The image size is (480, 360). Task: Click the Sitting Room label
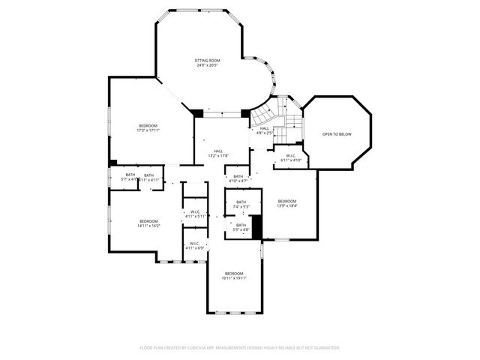coord(207,62)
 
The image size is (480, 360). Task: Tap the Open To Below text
coord(337,134)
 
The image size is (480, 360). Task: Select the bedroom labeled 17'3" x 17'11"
coord(148,127)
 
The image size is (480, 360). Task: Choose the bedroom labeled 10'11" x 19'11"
coord(234,275)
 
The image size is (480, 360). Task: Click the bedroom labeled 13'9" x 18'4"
coord(287,203)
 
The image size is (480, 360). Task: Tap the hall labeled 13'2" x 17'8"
coord(217,153)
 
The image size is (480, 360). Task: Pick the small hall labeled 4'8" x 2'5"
coord(265,130)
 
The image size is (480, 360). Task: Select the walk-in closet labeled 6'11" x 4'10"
coord(291,158)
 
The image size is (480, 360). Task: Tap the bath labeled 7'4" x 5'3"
coord(241,204)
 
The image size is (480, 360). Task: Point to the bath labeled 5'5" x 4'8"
coord(241,227)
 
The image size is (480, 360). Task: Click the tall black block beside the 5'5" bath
coord(256,227)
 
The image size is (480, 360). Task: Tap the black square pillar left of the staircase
coord(245,113)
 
